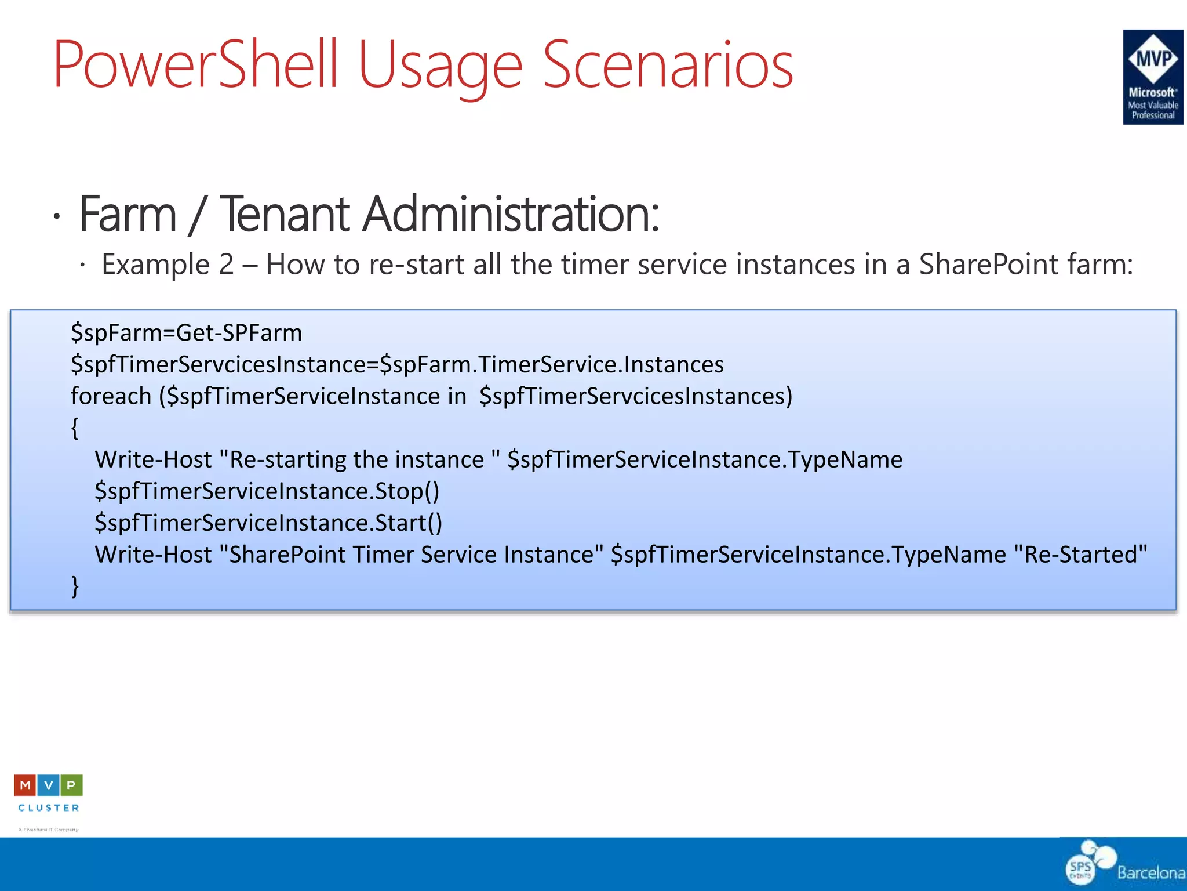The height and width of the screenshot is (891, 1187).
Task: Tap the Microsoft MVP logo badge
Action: tap(1152, 77)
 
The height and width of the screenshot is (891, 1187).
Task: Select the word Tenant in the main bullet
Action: tap(285, 214)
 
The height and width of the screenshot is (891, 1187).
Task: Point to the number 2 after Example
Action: tap(226, 265)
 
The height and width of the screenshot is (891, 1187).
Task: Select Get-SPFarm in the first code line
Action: tap(239, 333)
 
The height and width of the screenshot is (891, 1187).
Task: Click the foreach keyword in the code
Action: tap(111, 396)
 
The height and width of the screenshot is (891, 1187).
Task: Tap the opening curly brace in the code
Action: tap(75, 428)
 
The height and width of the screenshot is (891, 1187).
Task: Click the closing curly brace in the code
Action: tap(75, 586)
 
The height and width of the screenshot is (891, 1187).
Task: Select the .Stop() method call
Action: tap(405, 491)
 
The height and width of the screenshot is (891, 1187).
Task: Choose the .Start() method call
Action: tap(406, 523)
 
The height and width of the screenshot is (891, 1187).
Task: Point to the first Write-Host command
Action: tap(153, 460)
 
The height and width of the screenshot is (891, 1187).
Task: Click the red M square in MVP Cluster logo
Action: tap(25, 785)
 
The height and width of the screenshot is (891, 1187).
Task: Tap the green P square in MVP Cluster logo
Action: tap(71, 785)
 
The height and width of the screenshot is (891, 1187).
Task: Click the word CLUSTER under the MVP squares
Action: tap(49, 807)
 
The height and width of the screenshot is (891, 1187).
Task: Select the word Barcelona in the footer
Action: tap(1150, 872)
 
